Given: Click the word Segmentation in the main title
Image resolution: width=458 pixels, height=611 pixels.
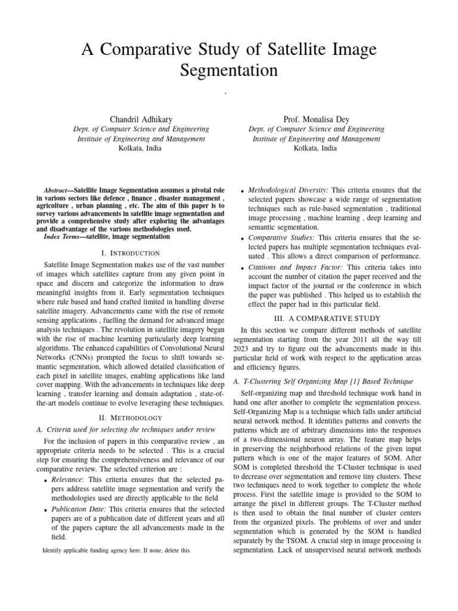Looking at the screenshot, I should coord(228,70).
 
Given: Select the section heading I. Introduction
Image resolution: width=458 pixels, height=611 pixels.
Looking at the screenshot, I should coord(132,254).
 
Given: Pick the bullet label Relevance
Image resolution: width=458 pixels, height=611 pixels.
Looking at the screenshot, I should coord(68,479).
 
